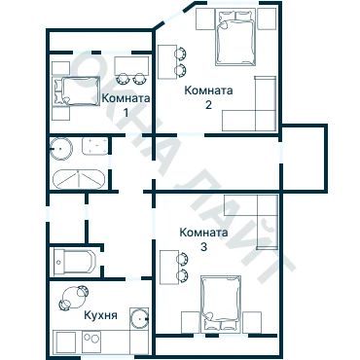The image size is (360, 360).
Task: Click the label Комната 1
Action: (x=126, y=105)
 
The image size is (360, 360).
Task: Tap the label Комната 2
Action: (x=208, y=97)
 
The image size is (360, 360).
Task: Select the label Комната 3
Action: (x=203, y=239)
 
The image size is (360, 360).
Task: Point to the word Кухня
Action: (x=100, y=315)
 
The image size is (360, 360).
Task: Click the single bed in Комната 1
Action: (x=77, y=91)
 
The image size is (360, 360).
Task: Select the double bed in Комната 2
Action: (x=235, y=37)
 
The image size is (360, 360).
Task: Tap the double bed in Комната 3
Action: (x=221, y=304)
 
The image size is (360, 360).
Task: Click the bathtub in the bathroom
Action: (x=79, y=179)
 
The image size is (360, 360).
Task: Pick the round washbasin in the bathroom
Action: (x=60, y=149)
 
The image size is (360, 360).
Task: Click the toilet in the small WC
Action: (x=75, y=262)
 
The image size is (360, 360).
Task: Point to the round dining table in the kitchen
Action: (x=74, y=298)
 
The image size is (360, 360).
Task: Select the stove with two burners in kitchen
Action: (x=91, y=342)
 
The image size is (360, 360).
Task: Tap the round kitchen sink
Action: (x=139, y=318)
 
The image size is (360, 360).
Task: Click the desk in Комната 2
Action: (x=167, y=62)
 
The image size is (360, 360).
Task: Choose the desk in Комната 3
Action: (x=169, y=268)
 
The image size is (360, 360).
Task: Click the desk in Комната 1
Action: (x=131, y=66)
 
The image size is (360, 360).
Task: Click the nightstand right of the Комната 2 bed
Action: (x=267, y=19)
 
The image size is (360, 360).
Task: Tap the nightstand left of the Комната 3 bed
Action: (x=190, y=322)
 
